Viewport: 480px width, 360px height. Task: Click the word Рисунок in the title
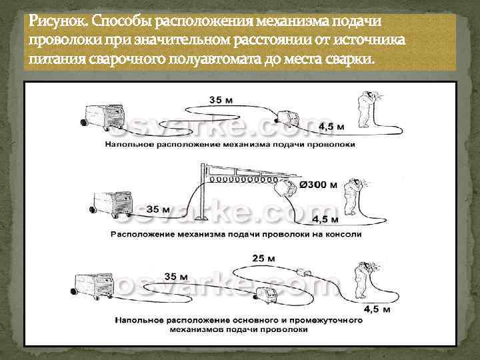pos(53,22)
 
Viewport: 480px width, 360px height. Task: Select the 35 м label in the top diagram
pos(221,99)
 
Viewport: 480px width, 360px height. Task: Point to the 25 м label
pos(265,257)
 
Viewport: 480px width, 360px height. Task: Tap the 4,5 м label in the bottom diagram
pos(377,309)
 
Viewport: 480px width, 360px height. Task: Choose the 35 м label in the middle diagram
pos(157,209)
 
